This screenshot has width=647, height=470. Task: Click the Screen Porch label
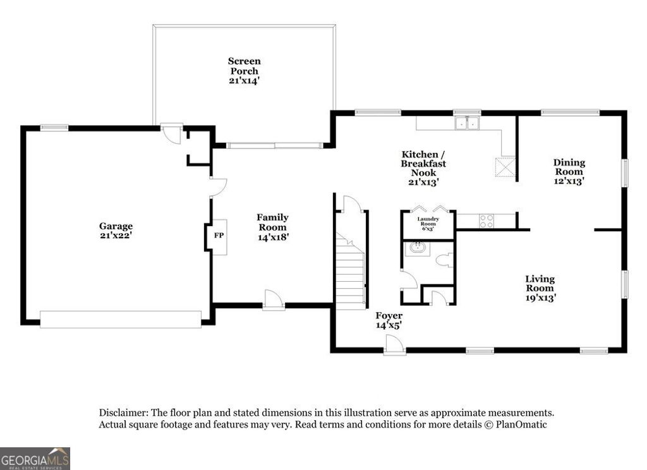244,71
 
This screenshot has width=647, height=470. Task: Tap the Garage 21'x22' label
116,231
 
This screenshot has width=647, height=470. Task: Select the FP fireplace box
219,237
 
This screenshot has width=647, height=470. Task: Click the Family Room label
272,227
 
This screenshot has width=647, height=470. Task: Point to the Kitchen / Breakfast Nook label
423,167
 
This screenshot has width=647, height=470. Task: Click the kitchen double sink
467,123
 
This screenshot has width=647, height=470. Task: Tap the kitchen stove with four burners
486,220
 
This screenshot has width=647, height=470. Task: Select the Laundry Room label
428,224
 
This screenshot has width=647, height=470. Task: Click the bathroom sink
418,247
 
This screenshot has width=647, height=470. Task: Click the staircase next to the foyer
350,272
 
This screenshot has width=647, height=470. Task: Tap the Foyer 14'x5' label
389,320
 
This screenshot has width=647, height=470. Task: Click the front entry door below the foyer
394,345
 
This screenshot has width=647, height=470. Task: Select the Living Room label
540,288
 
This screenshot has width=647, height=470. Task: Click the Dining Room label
569,171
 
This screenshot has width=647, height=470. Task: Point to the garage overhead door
120,319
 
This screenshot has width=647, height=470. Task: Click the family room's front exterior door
273,300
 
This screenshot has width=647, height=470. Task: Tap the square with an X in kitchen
505,167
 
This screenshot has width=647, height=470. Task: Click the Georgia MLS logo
35,459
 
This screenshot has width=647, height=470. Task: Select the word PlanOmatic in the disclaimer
521,425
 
